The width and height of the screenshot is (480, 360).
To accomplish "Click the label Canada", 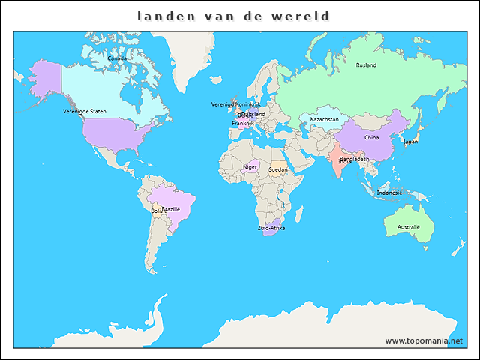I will pyautogui.click(x=117, y=58).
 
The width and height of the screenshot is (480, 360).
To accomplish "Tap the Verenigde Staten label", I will pyautogui.click(x=85, y=111).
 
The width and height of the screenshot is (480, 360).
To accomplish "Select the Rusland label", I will pyautogui.click(x=366, y=65).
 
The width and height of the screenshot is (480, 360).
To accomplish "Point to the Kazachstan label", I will pyautogui.click(x=324, y=119).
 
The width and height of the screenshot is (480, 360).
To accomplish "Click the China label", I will pyautogui.click(x=372, y=138).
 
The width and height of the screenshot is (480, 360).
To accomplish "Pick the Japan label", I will pyautogui.click(x=410, y=141).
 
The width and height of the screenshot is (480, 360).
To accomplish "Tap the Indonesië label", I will pyautogui.click(x=389, y=193).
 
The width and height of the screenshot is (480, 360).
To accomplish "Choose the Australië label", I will pyautogui.click(x=409, y=226).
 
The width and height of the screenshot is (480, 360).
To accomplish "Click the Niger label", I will pyautogui.click(x=250, y=166).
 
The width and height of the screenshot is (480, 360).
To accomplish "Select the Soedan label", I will pyautogui.click(x=278, y=169).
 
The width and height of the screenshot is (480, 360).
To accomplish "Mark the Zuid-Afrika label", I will pyautogui.click(x=271, y=227).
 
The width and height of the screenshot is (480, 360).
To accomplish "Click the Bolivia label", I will pyautogui.click(x=159, y=211).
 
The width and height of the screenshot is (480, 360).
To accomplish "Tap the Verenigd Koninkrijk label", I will pyautogui.click(x=235, y=104).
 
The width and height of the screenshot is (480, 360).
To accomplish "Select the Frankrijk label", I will pyautogui.click(x=243, y=123).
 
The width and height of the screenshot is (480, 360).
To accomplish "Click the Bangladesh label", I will pyautogui.click(x=355, y=159).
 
